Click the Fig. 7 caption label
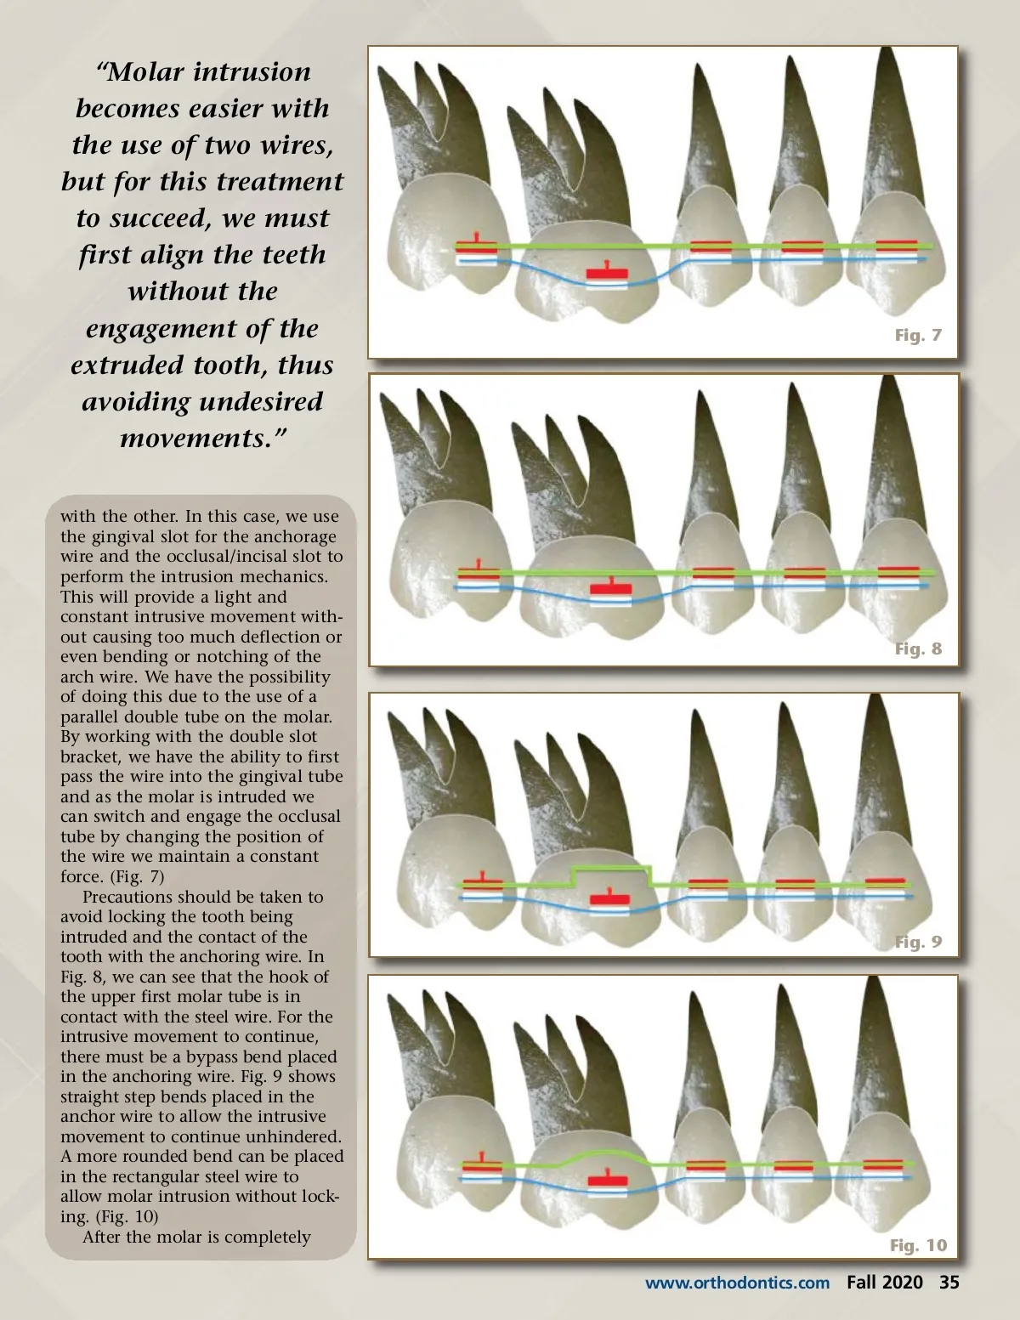(x=918, y=335)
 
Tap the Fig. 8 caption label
(x=918, y=649)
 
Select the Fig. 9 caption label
(x=918, y=942)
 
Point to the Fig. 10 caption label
(x=918, y=1245)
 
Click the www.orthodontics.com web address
(x=737, y=1283)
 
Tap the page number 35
(x=949, y=1283)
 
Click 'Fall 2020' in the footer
(x=884, y=1283)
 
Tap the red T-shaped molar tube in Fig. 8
(x=611, y=587)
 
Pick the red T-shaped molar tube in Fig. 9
(x=609, y=898)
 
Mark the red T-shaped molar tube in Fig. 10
(x=608, y=1180)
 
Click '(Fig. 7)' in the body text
(x=136, y=876)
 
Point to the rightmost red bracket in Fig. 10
(x=883, y=1166)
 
